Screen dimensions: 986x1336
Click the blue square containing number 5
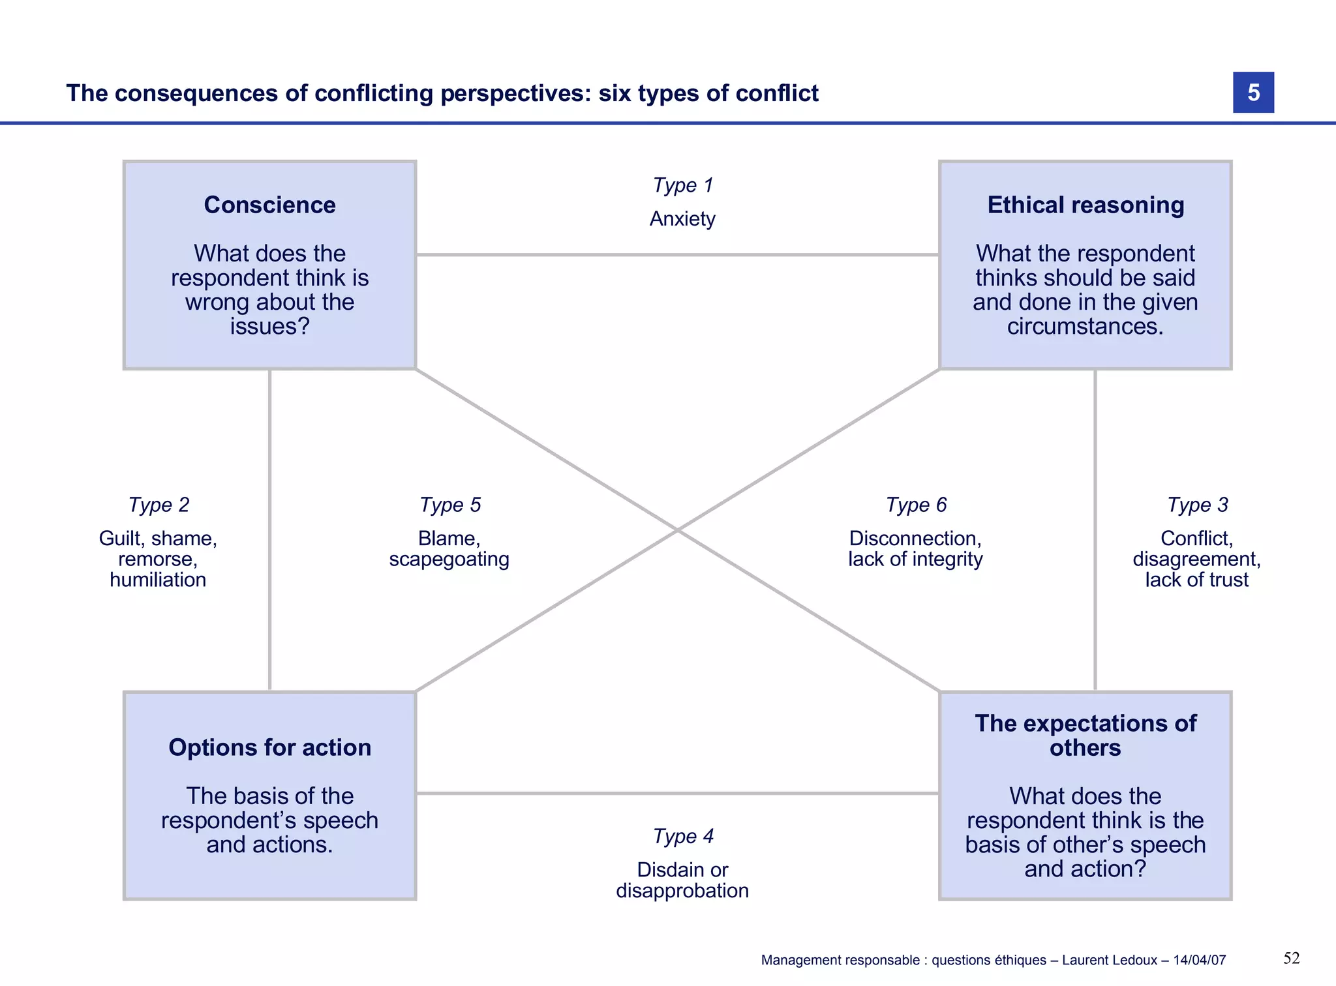pyautogui.click(x=1252, y=93)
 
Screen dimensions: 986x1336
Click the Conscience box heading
pyautogui.click(x=269, y=205)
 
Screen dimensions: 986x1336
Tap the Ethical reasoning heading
pyautogui.click(x=1085, y=205)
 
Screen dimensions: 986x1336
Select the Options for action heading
pyautogui.click(x=269, y=747)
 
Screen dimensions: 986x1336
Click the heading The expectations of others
pyautogui.click(x=1085, y=735)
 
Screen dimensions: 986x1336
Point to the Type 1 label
pyautogui.click(x=682, y=185)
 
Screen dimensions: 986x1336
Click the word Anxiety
pyautogui.click(x=682, y=218)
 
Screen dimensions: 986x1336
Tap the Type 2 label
pyautogui.click(x=159, y=505)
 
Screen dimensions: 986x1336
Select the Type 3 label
pyautogui.click(x=1197, y=505)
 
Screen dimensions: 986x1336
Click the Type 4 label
pyautogui.click(x=682, y=836)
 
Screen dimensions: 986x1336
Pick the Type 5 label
pyautogui.click(x=449, y=505)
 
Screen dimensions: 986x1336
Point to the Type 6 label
pyautogui.click(x=915, y=505)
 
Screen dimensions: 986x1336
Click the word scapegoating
pyautogui.click(x=449, y=560)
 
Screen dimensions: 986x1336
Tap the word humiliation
pyautogui.click(x=158, y=580)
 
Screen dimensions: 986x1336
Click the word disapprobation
pyautogui.click(x=682, y=891)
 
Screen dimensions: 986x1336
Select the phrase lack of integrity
pyautogui.click(x=915, y=560)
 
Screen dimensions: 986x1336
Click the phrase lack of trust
pyautogui.click(x=1196, y=580)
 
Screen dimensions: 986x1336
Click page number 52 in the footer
pyautogui.click(x=1291, y=958)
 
